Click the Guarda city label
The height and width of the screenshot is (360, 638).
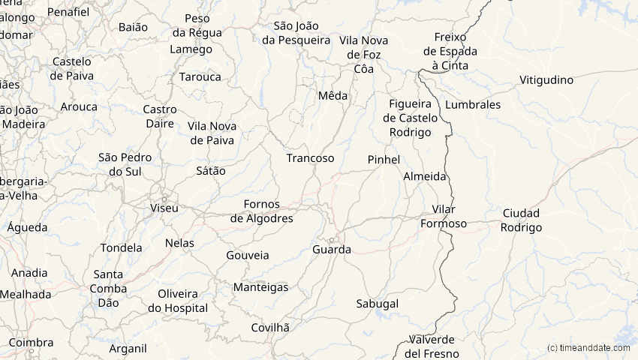coord(332,249)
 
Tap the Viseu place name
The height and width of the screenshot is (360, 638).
coord(164,208)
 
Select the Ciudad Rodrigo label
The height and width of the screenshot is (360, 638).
coord(521,220)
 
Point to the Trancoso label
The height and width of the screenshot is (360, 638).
coord(310,158)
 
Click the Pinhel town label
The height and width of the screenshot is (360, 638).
coord(384,160)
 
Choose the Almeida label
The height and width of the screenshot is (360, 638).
coord(425,177)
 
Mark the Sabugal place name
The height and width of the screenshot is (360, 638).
coord(378,304)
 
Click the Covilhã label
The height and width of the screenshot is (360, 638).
coord(270,327)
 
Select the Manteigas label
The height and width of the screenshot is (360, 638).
coord(261,287)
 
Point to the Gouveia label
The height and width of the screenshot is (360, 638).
coord(248,255)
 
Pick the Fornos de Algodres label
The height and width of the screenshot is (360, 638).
coord(261,211)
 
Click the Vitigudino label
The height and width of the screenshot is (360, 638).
coord(546,80)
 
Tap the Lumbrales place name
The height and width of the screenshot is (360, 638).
coord(473,105)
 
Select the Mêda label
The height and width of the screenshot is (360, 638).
coord(333,95)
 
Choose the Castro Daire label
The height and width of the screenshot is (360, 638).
coord(160,117)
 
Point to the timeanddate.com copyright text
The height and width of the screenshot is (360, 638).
coord(588,348)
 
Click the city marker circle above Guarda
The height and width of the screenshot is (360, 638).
coord(330,239)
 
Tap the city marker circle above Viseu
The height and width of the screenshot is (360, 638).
coord(164,197)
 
